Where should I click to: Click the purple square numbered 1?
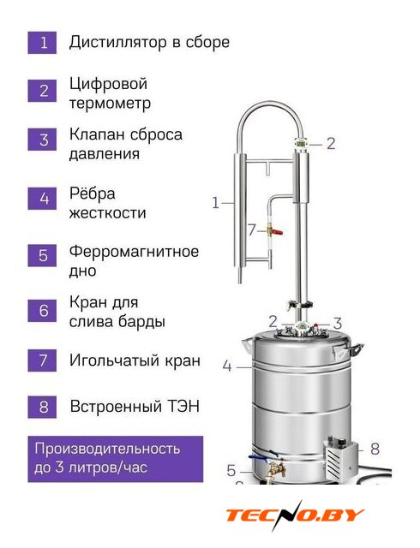tap(42, 43)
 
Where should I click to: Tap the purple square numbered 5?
tap(42, 255)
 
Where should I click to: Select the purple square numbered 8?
tap(42, 407)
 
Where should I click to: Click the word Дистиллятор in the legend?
tap(117, 43)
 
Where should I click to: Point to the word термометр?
tap(110, 104)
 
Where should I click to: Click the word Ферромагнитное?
tap(134, 252)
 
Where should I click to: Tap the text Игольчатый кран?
tap(135, 360)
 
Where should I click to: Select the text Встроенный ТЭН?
tap(135, 407)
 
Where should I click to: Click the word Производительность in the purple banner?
tap(107, 449)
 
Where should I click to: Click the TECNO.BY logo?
tap(295, 515)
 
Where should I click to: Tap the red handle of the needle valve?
tap(277, 231)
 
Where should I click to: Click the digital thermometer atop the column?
tap(300, 143)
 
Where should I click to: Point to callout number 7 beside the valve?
tap(252, 230)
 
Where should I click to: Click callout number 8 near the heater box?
tap(375, 449)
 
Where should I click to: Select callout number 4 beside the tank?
tap(227, 366)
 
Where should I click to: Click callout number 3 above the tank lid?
tap(338, 324)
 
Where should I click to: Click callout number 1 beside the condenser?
tap(216, 203)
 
